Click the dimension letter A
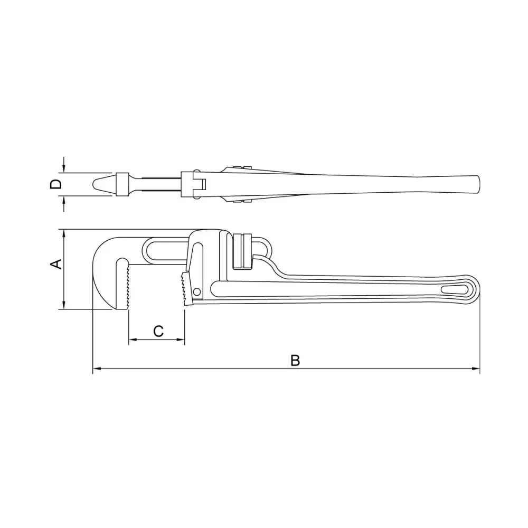pos(56,264)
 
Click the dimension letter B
pos(295,360)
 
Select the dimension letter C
pos(158,332)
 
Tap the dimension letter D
pos(56,184)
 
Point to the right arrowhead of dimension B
pos(476,369)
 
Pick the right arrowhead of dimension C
pos(180,340)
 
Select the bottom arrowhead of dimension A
pos(64,305)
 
